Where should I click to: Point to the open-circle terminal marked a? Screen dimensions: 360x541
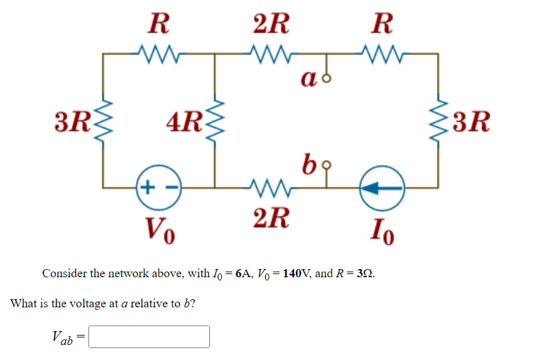(x=325, y=78)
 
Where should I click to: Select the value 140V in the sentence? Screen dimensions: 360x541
(x=293, y=273)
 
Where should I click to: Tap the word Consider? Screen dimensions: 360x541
(x=64, y=273)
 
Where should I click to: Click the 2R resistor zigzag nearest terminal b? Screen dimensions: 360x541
(x=270, y=186)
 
